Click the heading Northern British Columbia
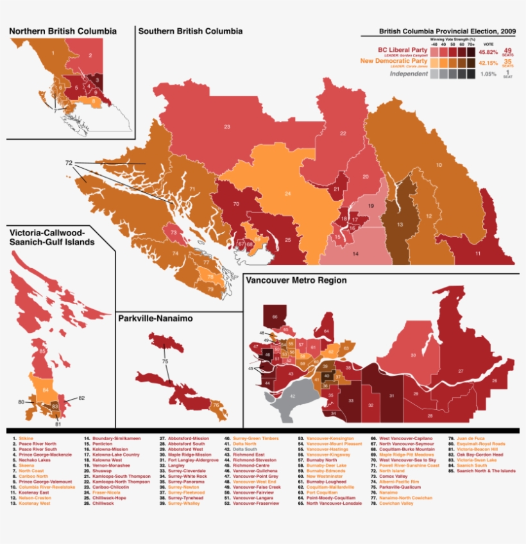coord(63,31)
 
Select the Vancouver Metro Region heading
coord(297,280)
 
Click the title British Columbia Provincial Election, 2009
coord(447,31)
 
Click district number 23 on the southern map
coord(227,127)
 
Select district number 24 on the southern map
coord(288,193)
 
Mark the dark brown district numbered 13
coord(399,225)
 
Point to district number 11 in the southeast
coord(477,254)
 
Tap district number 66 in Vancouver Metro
coord(275,316)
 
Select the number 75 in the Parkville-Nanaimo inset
coord(165,362)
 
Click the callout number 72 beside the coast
coord(69,164)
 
